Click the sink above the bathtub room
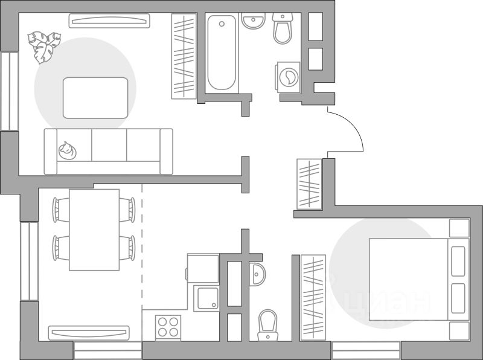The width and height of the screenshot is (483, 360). click(254, 21)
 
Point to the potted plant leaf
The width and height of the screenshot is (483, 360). click(45, 46)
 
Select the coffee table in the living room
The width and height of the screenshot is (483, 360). click(95, 97)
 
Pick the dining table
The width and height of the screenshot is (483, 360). click(94, 230)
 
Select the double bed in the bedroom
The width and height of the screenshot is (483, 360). click(408, 278)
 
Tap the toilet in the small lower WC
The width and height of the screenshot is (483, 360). click(266, 326)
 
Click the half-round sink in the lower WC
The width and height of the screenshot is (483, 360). click(256, 274)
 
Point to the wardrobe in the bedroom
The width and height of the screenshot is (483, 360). click(313, 295)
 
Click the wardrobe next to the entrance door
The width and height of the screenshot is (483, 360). click(310, 184)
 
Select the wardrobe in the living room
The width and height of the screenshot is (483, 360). click(184, 56)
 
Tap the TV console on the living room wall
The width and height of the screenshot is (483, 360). click(109, 21)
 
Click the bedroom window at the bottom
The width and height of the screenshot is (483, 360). click(366, 350)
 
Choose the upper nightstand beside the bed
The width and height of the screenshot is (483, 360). click(459, 228)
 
